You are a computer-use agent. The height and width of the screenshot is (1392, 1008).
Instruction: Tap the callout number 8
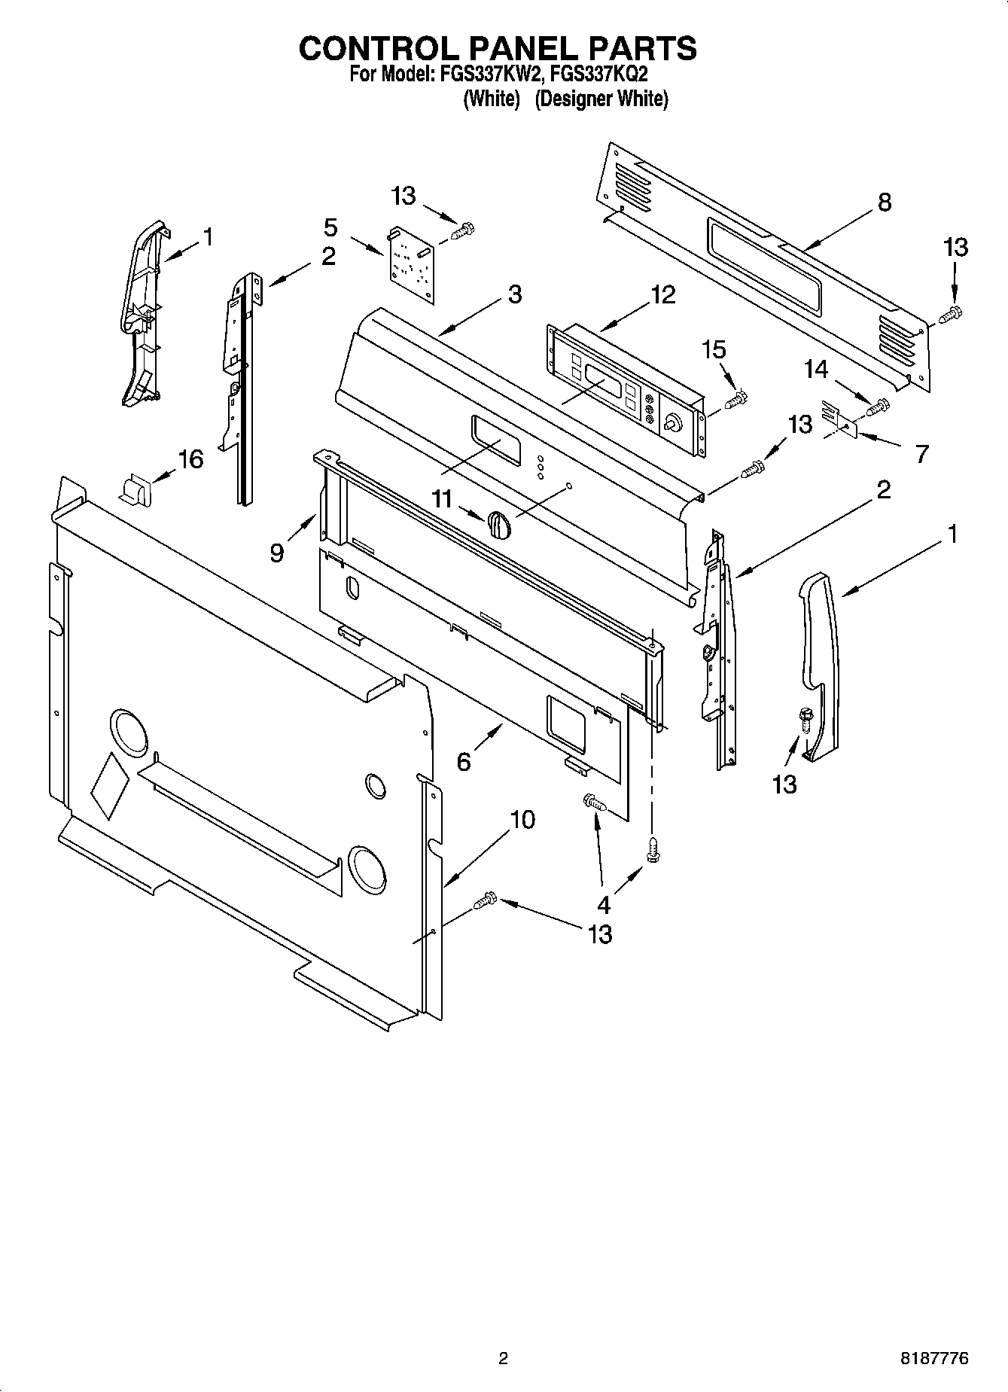coord(884,202)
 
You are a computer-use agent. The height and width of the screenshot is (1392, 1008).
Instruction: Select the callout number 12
coord(662,294)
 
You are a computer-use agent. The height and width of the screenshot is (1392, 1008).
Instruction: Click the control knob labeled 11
coord(499,523)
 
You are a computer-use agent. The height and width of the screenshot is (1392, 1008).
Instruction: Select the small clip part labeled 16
coord(133,489)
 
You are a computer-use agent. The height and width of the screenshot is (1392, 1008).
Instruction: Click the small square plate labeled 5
coord(413,264)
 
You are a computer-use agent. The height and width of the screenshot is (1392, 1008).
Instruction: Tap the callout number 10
coord(522,819)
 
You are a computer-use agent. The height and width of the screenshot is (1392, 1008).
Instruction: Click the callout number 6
coord(464,762)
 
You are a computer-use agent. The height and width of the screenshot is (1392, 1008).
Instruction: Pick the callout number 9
coord(277,553)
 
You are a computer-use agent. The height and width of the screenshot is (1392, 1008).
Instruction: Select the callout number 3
coord(514,294)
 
